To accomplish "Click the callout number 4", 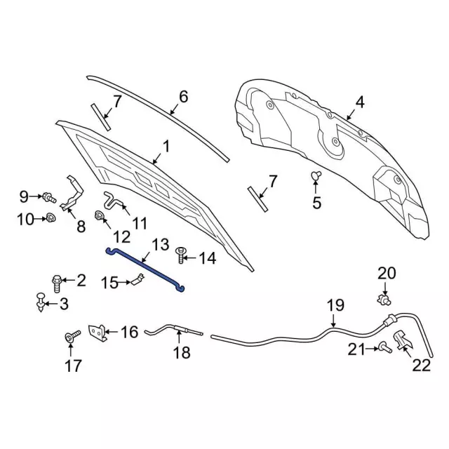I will tap(359, 102).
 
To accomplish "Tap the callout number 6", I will tap(183, 96).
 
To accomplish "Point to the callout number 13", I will tap(161, 244).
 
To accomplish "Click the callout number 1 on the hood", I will tap(166, 146).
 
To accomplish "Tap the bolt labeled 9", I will tap(48, 197).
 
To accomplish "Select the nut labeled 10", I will tap(51, 219).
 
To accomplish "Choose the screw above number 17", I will tap(71, 338).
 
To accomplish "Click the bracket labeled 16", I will tap(99, 333).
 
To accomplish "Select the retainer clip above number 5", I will tap(316, 176).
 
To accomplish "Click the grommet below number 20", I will tap(384, 300).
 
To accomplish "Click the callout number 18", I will tap(181, 353).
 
